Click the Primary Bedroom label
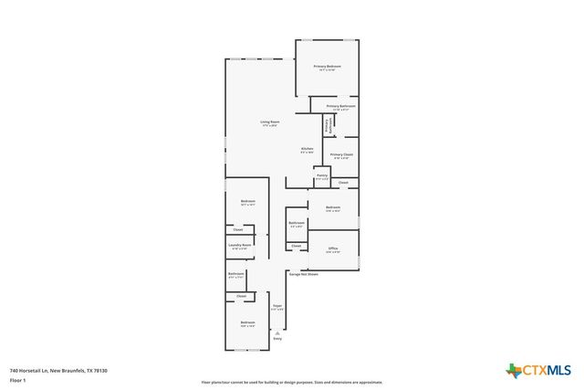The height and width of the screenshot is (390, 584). coord(327,67)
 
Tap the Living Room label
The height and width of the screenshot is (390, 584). coord(269,121)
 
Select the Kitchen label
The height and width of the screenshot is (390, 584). coord(308,149)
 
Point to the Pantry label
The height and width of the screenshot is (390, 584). coord(321,176)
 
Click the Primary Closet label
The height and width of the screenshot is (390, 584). coord(341,154)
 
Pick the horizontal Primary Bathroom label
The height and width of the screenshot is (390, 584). coord(340,106)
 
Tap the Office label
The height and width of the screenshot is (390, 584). coord(334,248)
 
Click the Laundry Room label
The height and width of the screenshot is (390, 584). coord(239,245)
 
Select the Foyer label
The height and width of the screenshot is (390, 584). coord(277,306)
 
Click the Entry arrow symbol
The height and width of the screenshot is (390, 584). coord(276,332)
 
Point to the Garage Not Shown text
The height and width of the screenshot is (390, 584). coord(303,274)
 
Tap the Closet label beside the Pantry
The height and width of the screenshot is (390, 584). coord(343,183)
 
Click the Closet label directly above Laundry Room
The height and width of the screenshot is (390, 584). coord(238,229)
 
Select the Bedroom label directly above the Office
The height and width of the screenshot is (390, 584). coord(333,207)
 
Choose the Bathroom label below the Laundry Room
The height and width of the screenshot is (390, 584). coord(235,274)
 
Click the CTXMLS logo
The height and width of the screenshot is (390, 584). coord(538,369)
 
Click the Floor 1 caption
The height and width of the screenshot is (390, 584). coord(17,380)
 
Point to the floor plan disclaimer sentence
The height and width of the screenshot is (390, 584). coord(292,383)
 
